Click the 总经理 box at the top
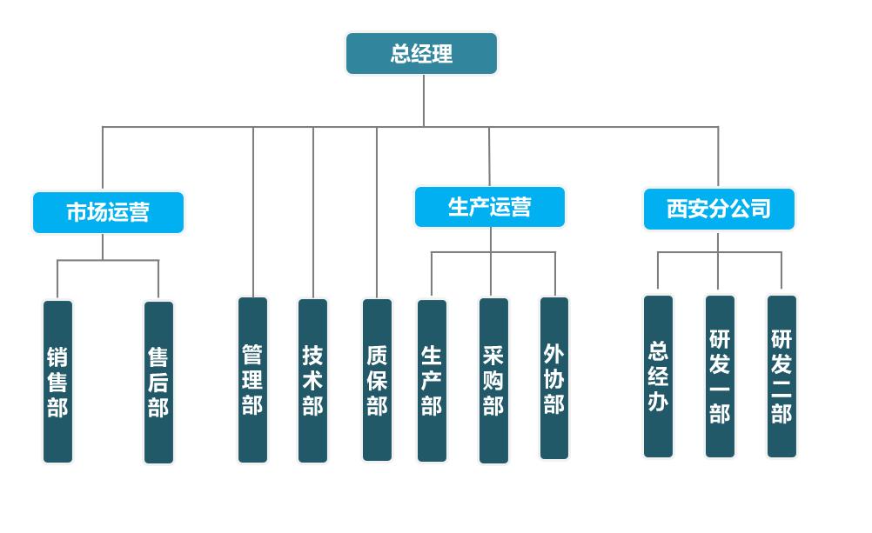pos(421,54)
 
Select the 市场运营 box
pos(108,212)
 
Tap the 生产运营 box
pos(489,207)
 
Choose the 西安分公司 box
pos(719,210)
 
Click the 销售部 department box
pos(57,382)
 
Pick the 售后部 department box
pos(158,382)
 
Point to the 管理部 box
pos(252,380)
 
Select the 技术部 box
pos(312,380)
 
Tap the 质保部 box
pos(377,380)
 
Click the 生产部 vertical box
pos(432,380)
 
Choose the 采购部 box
pos(493,380)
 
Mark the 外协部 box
pos(554,378)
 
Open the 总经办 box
pos(658,376)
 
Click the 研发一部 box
pos(720,376)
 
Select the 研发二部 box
pos(781,376)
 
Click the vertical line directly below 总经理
pos(423,101)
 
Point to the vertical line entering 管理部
pos(253,213)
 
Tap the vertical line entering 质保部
pos(377,213)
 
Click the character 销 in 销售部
pos(57,357)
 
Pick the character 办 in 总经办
pos(658,402)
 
